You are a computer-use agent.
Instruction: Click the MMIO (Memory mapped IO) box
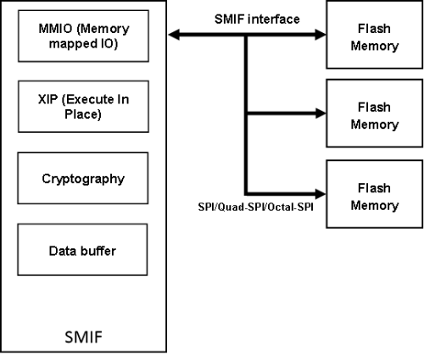83,36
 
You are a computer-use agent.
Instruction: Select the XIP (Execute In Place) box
83,107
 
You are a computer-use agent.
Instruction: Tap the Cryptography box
83,178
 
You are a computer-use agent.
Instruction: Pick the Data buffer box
82,250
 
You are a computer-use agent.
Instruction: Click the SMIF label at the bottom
83,337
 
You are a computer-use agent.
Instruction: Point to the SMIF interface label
257,19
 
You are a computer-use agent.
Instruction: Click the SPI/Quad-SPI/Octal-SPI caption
255,207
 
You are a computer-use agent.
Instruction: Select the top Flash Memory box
375,35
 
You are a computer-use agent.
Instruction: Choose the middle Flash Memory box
375,114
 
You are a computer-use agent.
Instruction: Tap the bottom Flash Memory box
375,194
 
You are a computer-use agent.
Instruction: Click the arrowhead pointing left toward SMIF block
174,35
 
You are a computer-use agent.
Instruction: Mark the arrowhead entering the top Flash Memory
321,35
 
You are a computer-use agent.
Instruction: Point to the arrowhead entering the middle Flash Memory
321,114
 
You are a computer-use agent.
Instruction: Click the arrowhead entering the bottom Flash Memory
321,194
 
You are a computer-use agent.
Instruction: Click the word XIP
47,99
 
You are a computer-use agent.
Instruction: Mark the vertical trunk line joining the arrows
246,114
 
